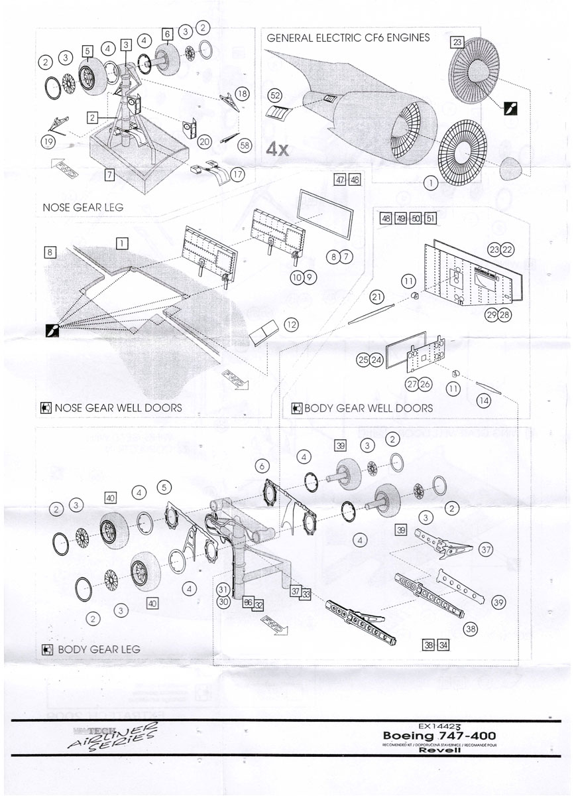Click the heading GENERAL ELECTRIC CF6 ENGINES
[x=348, y=38]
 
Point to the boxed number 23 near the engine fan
[x=457, y=41]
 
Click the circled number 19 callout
[x=47, y=141]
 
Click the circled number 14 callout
[x=484, y=400]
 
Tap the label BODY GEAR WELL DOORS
[x=367, y=407]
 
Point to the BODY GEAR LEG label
[x=99, y=649]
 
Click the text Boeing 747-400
[x=439, y=736]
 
